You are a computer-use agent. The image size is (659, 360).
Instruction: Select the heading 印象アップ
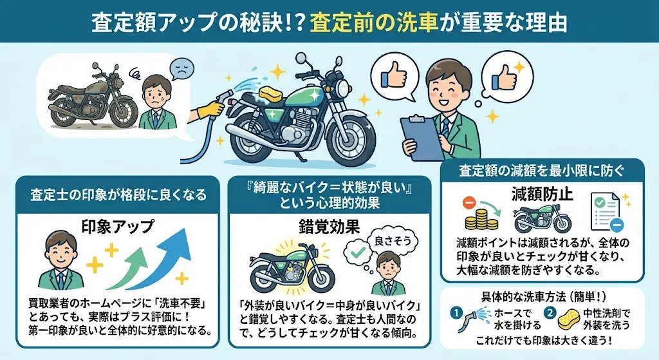click(118, 226)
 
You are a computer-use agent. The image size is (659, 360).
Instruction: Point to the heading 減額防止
click(542, 194)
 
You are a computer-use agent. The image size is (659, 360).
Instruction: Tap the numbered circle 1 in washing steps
click(456, 314)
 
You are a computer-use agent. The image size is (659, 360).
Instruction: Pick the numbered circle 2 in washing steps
click(550, 314)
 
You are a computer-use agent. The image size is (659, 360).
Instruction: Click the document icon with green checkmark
click(605, 212)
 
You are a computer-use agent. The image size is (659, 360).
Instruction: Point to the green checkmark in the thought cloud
click(358, 252)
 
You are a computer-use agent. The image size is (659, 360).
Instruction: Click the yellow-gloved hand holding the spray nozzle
click(209, 109)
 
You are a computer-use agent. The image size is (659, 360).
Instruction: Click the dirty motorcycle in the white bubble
click(93, 98)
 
